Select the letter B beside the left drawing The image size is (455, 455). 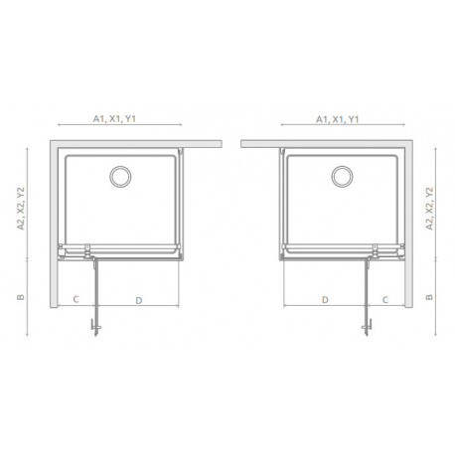click(x=21, y=297)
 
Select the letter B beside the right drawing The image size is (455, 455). click(x=429, y=297)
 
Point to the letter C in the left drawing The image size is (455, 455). click(x=76, y=299)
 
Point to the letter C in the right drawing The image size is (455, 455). click(x=384, y=300)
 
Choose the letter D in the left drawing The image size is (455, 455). click(x=139, y=300)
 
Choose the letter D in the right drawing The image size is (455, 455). click(x=325, y=300)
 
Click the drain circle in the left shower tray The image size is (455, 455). click(x=120, y=177)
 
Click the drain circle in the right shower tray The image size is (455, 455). click(x=342, y=177)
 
